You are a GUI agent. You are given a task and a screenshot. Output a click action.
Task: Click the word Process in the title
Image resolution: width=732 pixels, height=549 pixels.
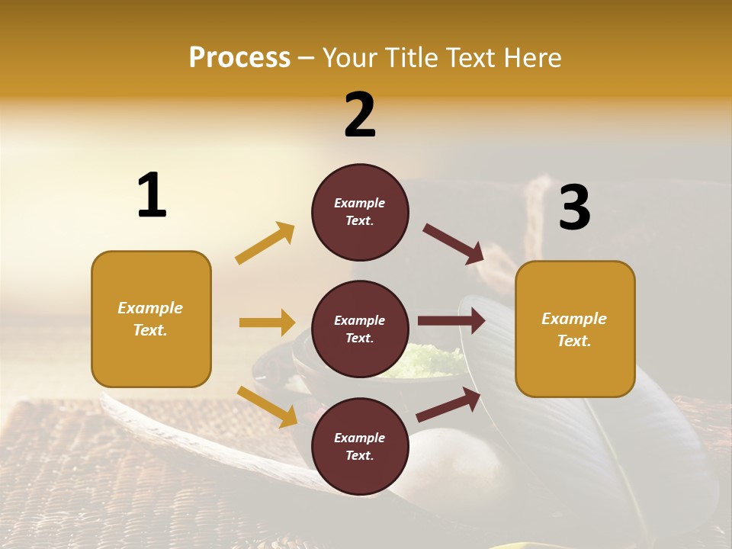click(239, 58)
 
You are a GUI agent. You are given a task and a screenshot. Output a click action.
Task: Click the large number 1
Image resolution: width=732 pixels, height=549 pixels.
click(152, 196)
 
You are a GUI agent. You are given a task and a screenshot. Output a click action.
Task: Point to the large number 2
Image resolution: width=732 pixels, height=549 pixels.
click(360, 115)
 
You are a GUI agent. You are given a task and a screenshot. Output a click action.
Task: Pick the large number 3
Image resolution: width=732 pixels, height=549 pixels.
click(574, 207)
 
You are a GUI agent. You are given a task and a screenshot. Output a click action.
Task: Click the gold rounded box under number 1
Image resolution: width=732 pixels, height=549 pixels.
click(151, 319)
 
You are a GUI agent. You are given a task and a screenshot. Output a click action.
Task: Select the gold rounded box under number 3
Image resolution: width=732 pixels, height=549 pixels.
click(575, 329)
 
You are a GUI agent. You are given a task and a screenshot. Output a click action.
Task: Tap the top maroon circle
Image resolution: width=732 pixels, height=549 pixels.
click(360, 212)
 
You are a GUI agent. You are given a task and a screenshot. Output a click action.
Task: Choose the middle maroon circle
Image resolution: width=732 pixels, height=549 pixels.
click(360, 329)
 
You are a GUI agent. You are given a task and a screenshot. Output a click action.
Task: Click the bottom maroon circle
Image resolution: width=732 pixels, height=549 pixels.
click(360, 447)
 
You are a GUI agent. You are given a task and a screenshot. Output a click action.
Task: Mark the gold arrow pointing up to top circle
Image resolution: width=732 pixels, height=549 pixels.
click(265, 243)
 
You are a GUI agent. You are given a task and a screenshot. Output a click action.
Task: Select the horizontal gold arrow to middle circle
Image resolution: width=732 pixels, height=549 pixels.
click(267, 323)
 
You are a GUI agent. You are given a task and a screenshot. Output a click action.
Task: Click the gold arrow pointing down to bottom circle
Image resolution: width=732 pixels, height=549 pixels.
click(267, 406)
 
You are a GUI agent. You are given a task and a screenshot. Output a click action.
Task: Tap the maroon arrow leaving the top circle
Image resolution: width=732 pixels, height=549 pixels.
click(453, 243)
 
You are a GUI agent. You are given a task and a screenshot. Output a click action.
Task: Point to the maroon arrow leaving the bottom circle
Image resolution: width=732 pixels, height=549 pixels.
click(448, 405)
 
